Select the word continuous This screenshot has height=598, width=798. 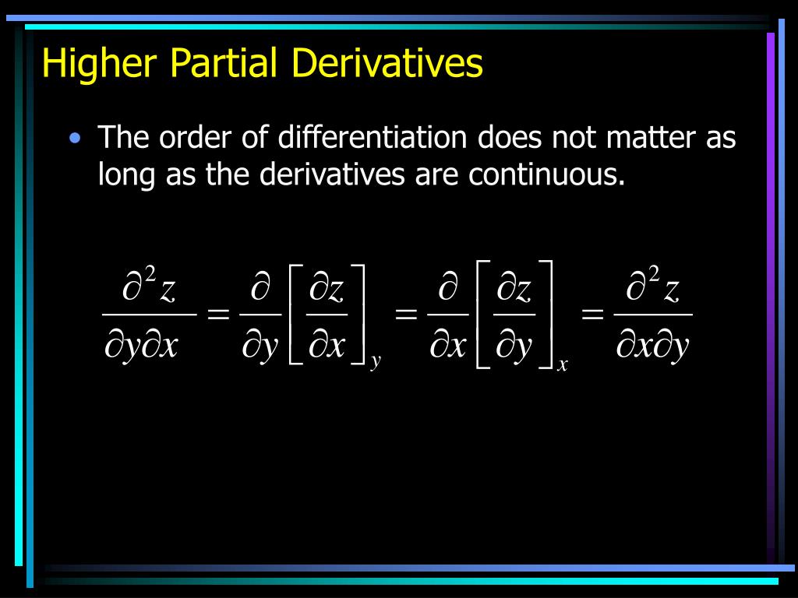(547, 175)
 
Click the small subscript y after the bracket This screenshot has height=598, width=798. (376, 362)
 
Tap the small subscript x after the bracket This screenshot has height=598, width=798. (562, 364)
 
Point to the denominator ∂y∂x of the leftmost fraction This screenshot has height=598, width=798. (141, 346)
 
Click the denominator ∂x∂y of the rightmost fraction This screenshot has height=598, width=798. (653, 346)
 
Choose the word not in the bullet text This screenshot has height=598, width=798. (572, 138)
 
